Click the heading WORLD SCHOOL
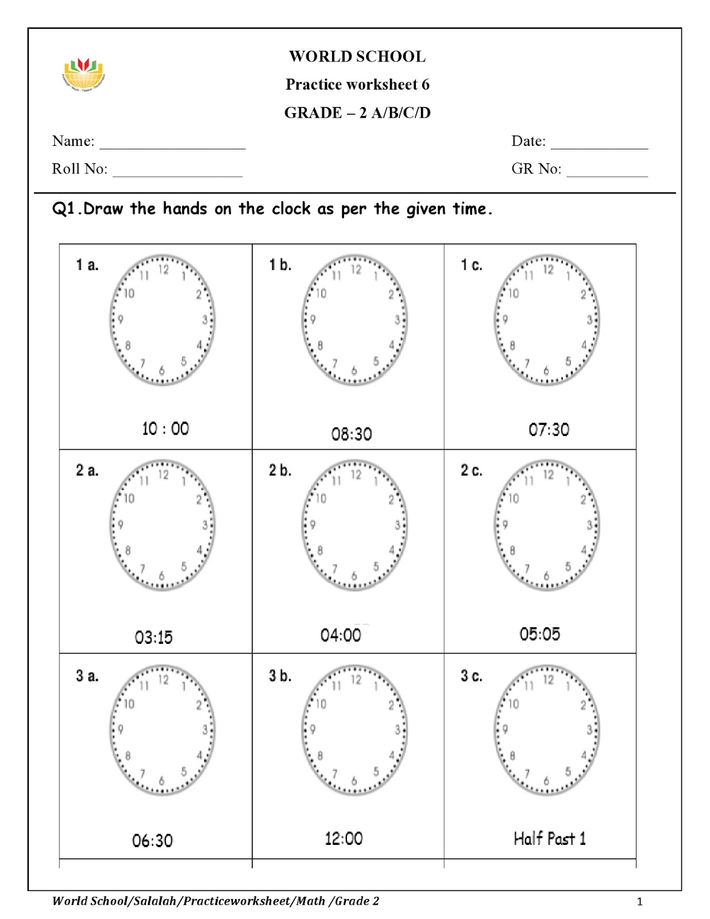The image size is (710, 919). click(357, 56)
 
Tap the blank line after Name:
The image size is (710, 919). click(172, 144)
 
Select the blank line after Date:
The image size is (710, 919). click(599, 144)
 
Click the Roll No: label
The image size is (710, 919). click(79, 169)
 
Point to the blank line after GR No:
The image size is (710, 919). click(607, 171)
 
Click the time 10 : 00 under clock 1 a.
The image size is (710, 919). click(165, 428)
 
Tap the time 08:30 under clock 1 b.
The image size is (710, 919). click(352, 434)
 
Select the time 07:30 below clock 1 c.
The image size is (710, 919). click(549, 430)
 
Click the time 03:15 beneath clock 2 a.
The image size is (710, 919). click(153, 637)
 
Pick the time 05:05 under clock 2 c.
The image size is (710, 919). click(539, 634)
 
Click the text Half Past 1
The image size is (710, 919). click(549, 839)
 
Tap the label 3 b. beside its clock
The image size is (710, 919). click(280, 675)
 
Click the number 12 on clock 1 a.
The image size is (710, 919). click(164, 269)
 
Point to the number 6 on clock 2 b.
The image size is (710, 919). click(354, 576)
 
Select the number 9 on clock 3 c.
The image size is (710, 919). click(505, 729)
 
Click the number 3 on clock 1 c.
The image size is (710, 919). click(589, 320)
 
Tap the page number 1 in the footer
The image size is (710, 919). click(639, 902)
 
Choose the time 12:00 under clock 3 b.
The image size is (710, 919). click(344, 839)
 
